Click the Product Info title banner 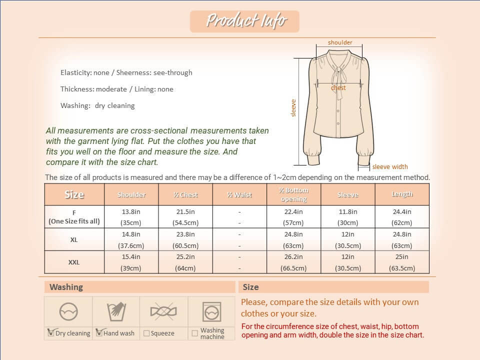click(244, 21)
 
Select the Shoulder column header click(131, 194)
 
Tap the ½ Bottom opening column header click(293, 194)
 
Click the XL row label click(74, 239)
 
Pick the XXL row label click(74, 262)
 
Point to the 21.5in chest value click(185, 211)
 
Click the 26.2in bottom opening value click(293, 257)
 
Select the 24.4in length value click(402, 211)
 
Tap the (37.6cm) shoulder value click(131, 245)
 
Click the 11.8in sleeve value click(347, 211)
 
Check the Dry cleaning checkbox click(50, 333)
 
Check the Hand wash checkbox click(98, 333)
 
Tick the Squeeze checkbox click(146, 333)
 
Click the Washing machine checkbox click(194, 333)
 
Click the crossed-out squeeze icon click(163, 312)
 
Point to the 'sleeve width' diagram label click(390, 167)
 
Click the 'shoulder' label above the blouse click(340, 42)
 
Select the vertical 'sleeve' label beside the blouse click(293, 108)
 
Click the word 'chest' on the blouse click(338, 87)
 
